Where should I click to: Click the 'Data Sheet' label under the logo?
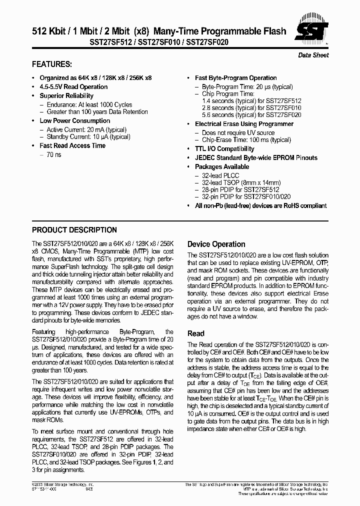[x=313, y=55]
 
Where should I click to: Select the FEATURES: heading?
[x=52, y=64]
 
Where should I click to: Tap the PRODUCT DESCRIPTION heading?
[x=74, y=230]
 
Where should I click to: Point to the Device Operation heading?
[x=216, y=244]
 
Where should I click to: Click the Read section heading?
[x=195, y=333]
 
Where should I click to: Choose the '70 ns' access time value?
[x=54, y=155]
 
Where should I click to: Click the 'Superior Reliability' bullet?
[x=66, y=95]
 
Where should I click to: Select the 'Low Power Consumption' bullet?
[x=75, y=120]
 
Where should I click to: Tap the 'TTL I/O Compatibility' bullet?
[x=224, y=148]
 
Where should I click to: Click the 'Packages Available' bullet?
[x=222, y=166]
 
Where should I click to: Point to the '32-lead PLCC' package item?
[x=220, y=175]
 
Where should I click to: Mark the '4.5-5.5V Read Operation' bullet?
[x=73, y=86]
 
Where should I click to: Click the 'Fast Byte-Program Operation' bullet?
[x=235, y=77]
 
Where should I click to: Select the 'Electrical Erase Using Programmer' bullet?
[x=244, y=123]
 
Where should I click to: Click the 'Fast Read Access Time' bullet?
[x=72, y=145]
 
